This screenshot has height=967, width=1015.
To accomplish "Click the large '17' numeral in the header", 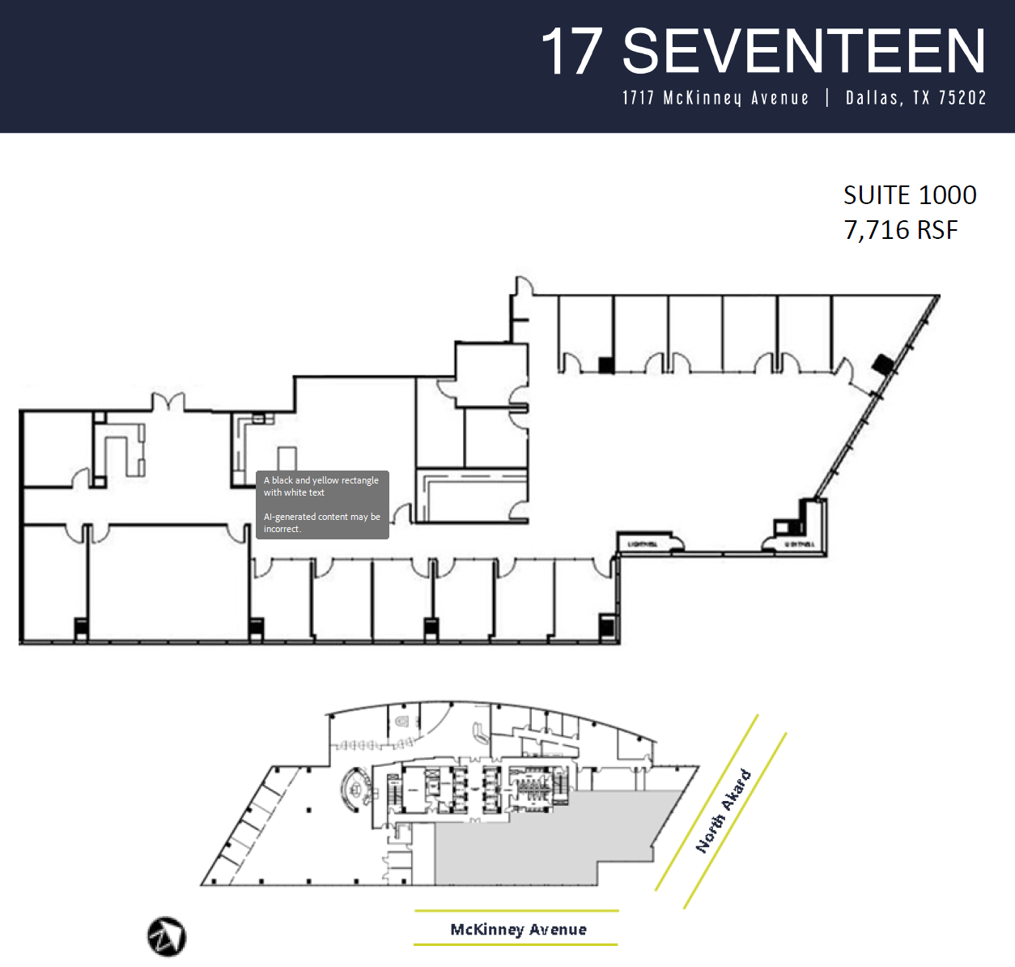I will tap(571, 52).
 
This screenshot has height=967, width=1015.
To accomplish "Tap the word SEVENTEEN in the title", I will tap(804, 52).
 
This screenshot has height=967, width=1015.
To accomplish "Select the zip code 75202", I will tap(962, 98).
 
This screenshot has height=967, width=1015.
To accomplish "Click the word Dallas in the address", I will tap(873, 98).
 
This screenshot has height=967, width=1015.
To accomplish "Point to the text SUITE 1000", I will tap(910, 195).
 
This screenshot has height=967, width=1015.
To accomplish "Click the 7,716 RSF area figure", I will tap(901, 230).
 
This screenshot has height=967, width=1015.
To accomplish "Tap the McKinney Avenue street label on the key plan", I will tap(518, 929).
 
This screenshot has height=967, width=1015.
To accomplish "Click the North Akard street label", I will tap(724, 812).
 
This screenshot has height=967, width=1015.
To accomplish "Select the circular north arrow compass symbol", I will tap(167, 936).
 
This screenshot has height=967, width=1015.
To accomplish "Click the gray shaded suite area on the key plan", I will tap(550, 842).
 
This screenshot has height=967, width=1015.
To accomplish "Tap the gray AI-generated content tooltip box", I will tap(322, 505).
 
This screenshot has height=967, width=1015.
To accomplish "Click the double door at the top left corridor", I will tap(168, 402).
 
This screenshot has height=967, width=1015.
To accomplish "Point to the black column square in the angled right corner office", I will tap(882, 364).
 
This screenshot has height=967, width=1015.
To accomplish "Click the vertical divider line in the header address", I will tap(827, 98).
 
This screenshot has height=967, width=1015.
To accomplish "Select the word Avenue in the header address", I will tap(779, 98).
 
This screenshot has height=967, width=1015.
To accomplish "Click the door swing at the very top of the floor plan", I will tap(524, 287).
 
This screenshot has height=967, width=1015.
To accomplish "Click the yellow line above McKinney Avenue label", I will tap(516, 910).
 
